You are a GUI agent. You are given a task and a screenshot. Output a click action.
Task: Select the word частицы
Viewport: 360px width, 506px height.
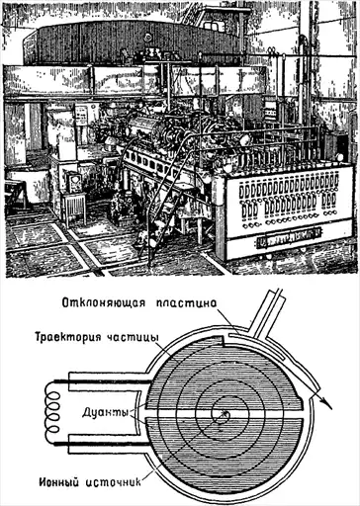tap(133, 338)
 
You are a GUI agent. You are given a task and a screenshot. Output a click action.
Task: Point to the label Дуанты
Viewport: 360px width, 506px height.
tap(105, 412)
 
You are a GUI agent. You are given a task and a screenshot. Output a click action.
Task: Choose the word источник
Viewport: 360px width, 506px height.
tap(114, 483)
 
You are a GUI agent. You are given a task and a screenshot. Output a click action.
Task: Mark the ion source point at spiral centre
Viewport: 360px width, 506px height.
tap(225, 413)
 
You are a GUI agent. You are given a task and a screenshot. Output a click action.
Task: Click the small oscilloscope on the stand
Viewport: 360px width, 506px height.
tap(75, 182)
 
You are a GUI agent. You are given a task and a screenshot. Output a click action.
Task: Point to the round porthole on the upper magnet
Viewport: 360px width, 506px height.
tap(148, 37)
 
